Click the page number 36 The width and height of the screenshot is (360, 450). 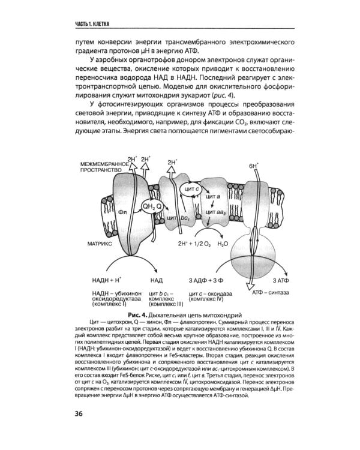click(79, 430)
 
